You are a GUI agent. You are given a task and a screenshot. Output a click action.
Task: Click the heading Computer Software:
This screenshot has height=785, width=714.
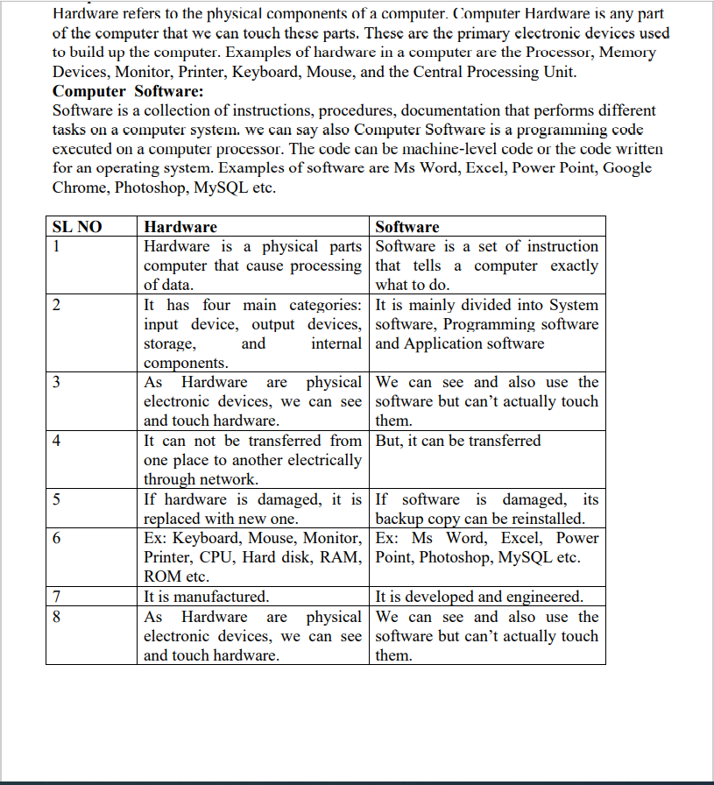pyautogui.click(x=128, y=92)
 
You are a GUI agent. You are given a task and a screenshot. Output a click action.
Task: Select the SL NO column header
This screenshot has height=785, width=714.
pyautogui.click(x=78, y=227)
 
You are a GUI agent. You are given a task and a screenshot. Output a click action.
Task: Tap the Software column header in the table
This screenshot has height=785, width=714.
pyautogui.click(x=407, y=227)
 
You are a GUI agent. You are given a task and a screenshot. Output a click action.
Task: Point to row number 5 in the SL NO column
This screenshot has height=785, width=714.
pyautogui.click(x=57, y=499)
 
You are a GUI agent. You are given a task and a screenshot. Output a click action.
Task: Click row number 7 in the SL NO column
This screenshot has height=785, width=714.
pyautogui.click(x=57, y=597)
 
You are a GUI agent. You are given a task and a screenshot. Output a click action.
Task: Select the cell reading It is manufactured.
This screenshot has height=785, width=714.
pyautogui.click(x=207, y=597)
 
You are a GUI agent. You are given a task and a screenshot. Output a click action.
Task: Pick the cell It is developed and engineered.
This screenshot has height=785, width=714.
pyautogui.click(x=479, y=597)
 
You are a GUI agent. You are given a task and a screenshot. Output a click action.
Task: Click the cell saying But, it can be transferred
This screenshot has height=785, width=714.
pyautogui.click(x=458, y=441)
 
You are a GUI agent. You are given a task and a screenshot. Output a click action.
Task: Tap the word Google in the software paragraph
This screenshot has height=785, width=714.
pyautogui.click(x=627, y=168)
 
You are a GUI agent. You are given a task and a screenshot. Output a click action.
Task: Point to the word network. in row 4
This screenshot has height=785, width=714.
pyautogui.click(x=230, y=479)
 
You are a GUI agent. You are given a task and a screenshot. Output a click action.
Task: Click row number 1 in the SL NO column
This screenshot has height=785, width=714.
pyautogui.click(x=57, y=246)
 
